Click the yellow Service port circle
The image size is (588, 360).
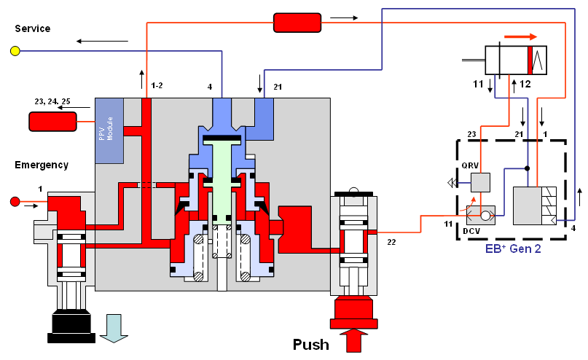click(x=15, y=51)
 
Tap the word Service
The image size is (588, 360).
click(x=32, y=28)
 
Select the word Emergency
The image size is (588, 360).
click(x=41, y=165)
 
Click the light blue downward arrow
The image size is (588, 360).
click(x=114, y=327)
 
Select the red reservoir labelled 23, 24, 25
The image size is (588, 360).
click(x=52, y=122)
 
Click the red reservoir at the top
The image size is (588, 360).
click(x=297, y=23)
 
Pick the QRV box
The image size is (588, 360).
click(x=480, y=183)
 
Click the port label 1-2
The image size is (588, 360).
click(x=157, y=87)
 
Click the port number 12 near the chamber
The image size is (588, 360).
click(x=525, y=85)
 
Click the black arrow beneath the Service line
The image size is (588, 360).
click(x=102, y=41)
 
